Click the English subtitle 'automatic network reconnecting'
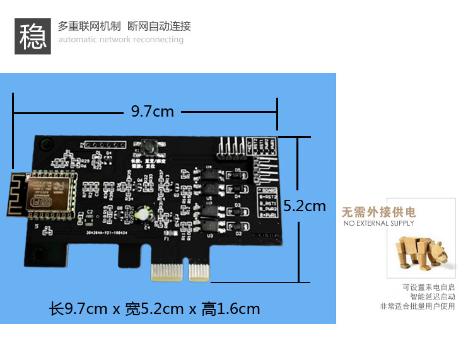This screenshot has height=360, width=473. tap(120, 40)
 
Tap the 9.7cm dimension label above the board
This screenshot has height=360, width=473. tap(152, 112)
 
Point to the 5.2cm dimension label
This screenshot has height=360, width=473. tap(305, 206)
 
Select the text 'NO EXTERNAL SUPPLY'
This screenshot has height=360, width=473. tap(378, 223)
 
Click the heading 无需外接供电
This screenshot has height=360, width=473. tap(379, 212)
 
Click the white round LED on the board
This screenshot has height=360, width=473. tap(144, 216)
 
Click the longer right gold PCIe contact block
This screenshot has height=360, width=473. tap(199, 273)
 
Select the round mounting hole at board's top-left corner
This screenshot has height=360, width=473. tap(46, 146)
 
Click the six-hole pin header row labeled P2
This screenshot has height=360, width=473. tap(98, 146)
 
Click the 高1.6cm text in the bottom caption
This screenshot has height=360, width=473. tap(231, 309)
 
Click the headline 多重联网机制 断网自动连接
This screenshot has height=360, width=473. tap(124, 26)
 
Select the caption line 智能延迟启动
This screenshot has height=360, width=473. tap(432, 296)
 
